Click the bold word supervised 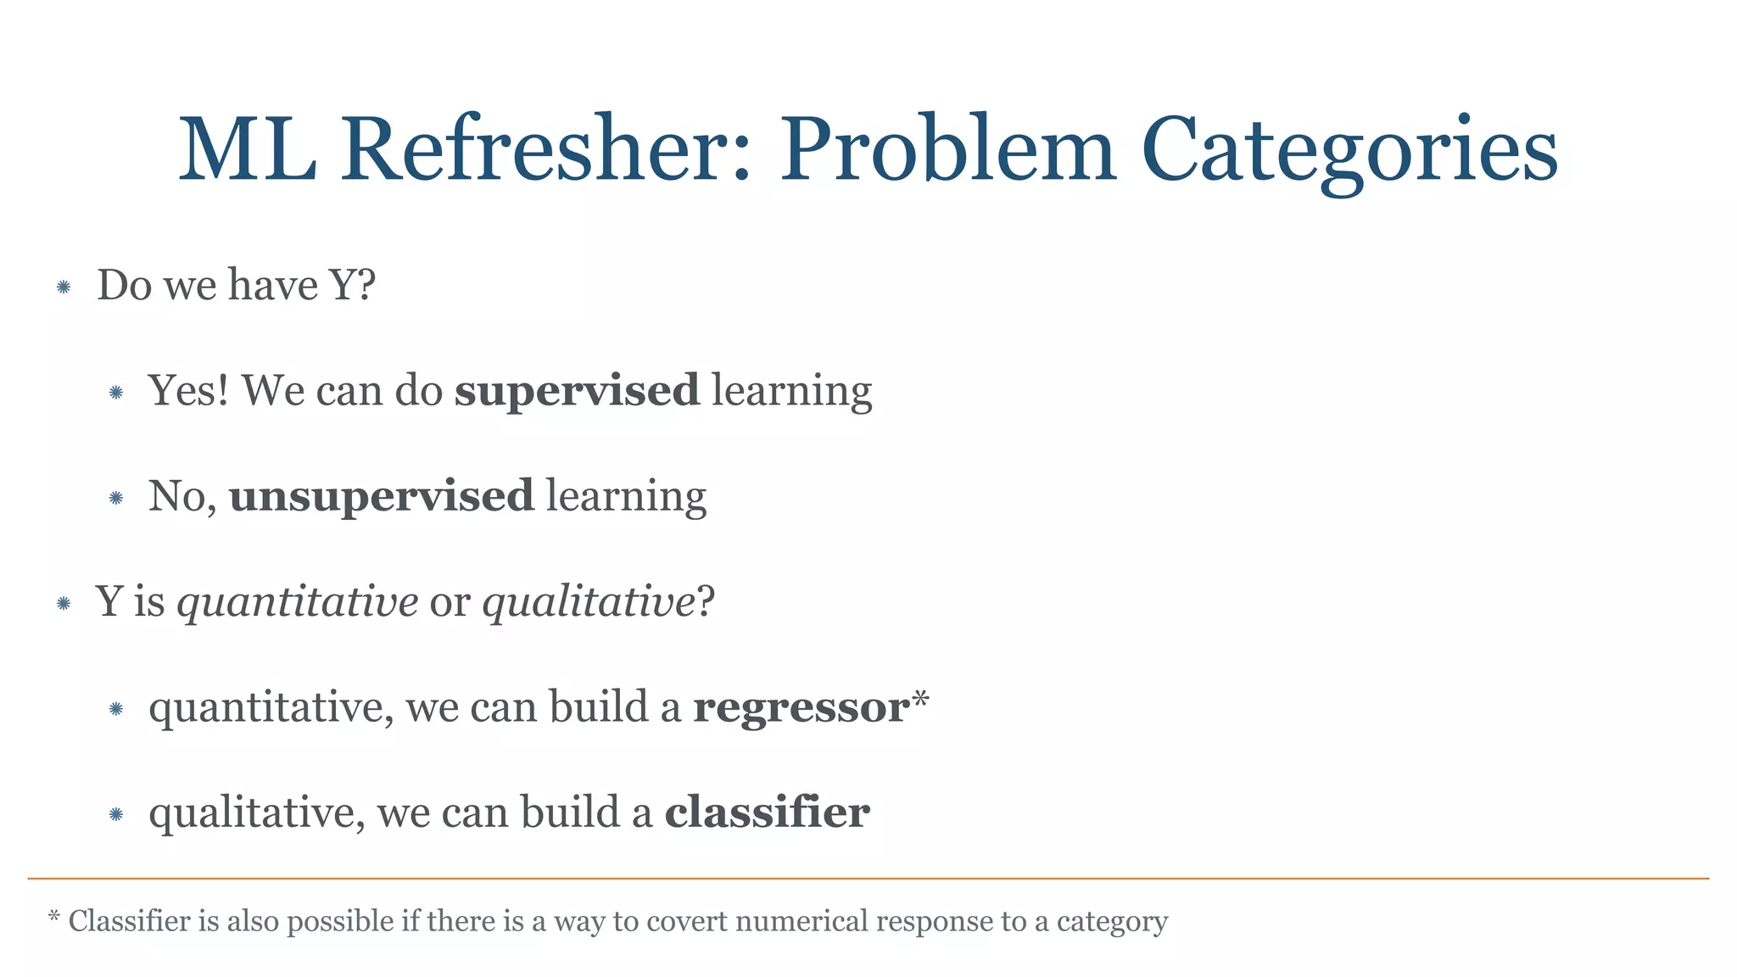coord(577,391)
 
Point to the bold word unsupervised coord(382,496)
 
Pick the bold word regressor coord(801,707)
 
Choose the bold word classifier coord(767,812)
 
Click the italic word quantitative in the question coord(297,602)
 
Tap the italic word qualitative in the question coord(589,602)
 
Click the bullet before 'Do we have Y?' coord(64,288)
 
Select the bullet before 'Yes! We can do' coord(116,393)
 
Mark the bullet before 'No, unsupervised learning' coord(116,498)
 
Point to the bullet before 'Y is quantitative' coord(64,604)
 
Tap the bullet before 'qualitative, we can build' coord(116,815)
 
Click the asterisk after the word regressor coord(920,701)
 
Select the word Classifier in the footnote coord(129,921)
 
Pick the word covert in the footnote coord(687,921)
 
